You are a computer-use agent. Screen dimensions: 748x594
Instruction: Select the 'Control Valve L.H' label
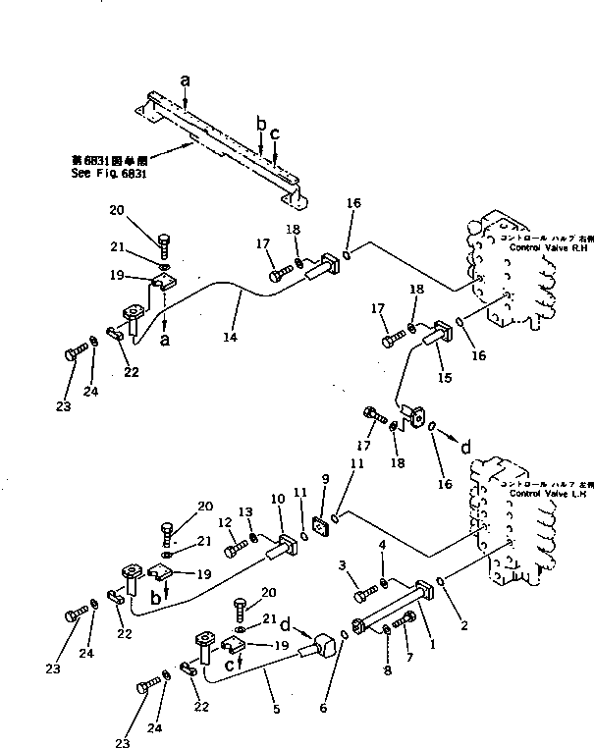click(x=546, y=491)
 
